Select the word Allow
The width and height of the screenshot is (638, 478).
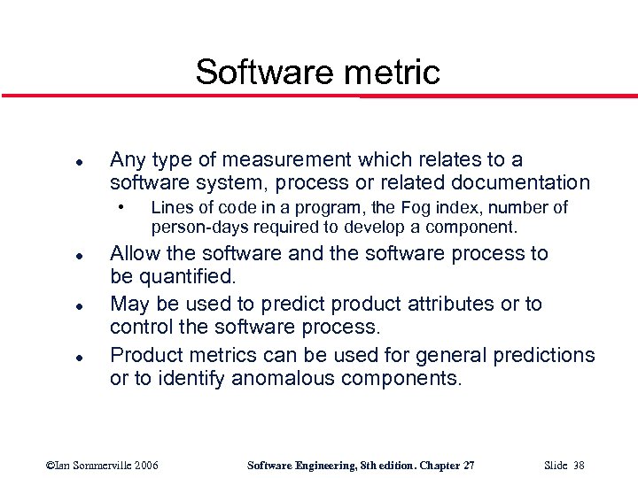pos(135,254)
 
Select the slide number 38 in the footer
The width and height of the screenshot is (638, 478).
pos(576,466)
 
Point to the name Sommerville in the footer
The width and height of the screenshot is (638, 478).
pos(99,466)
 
